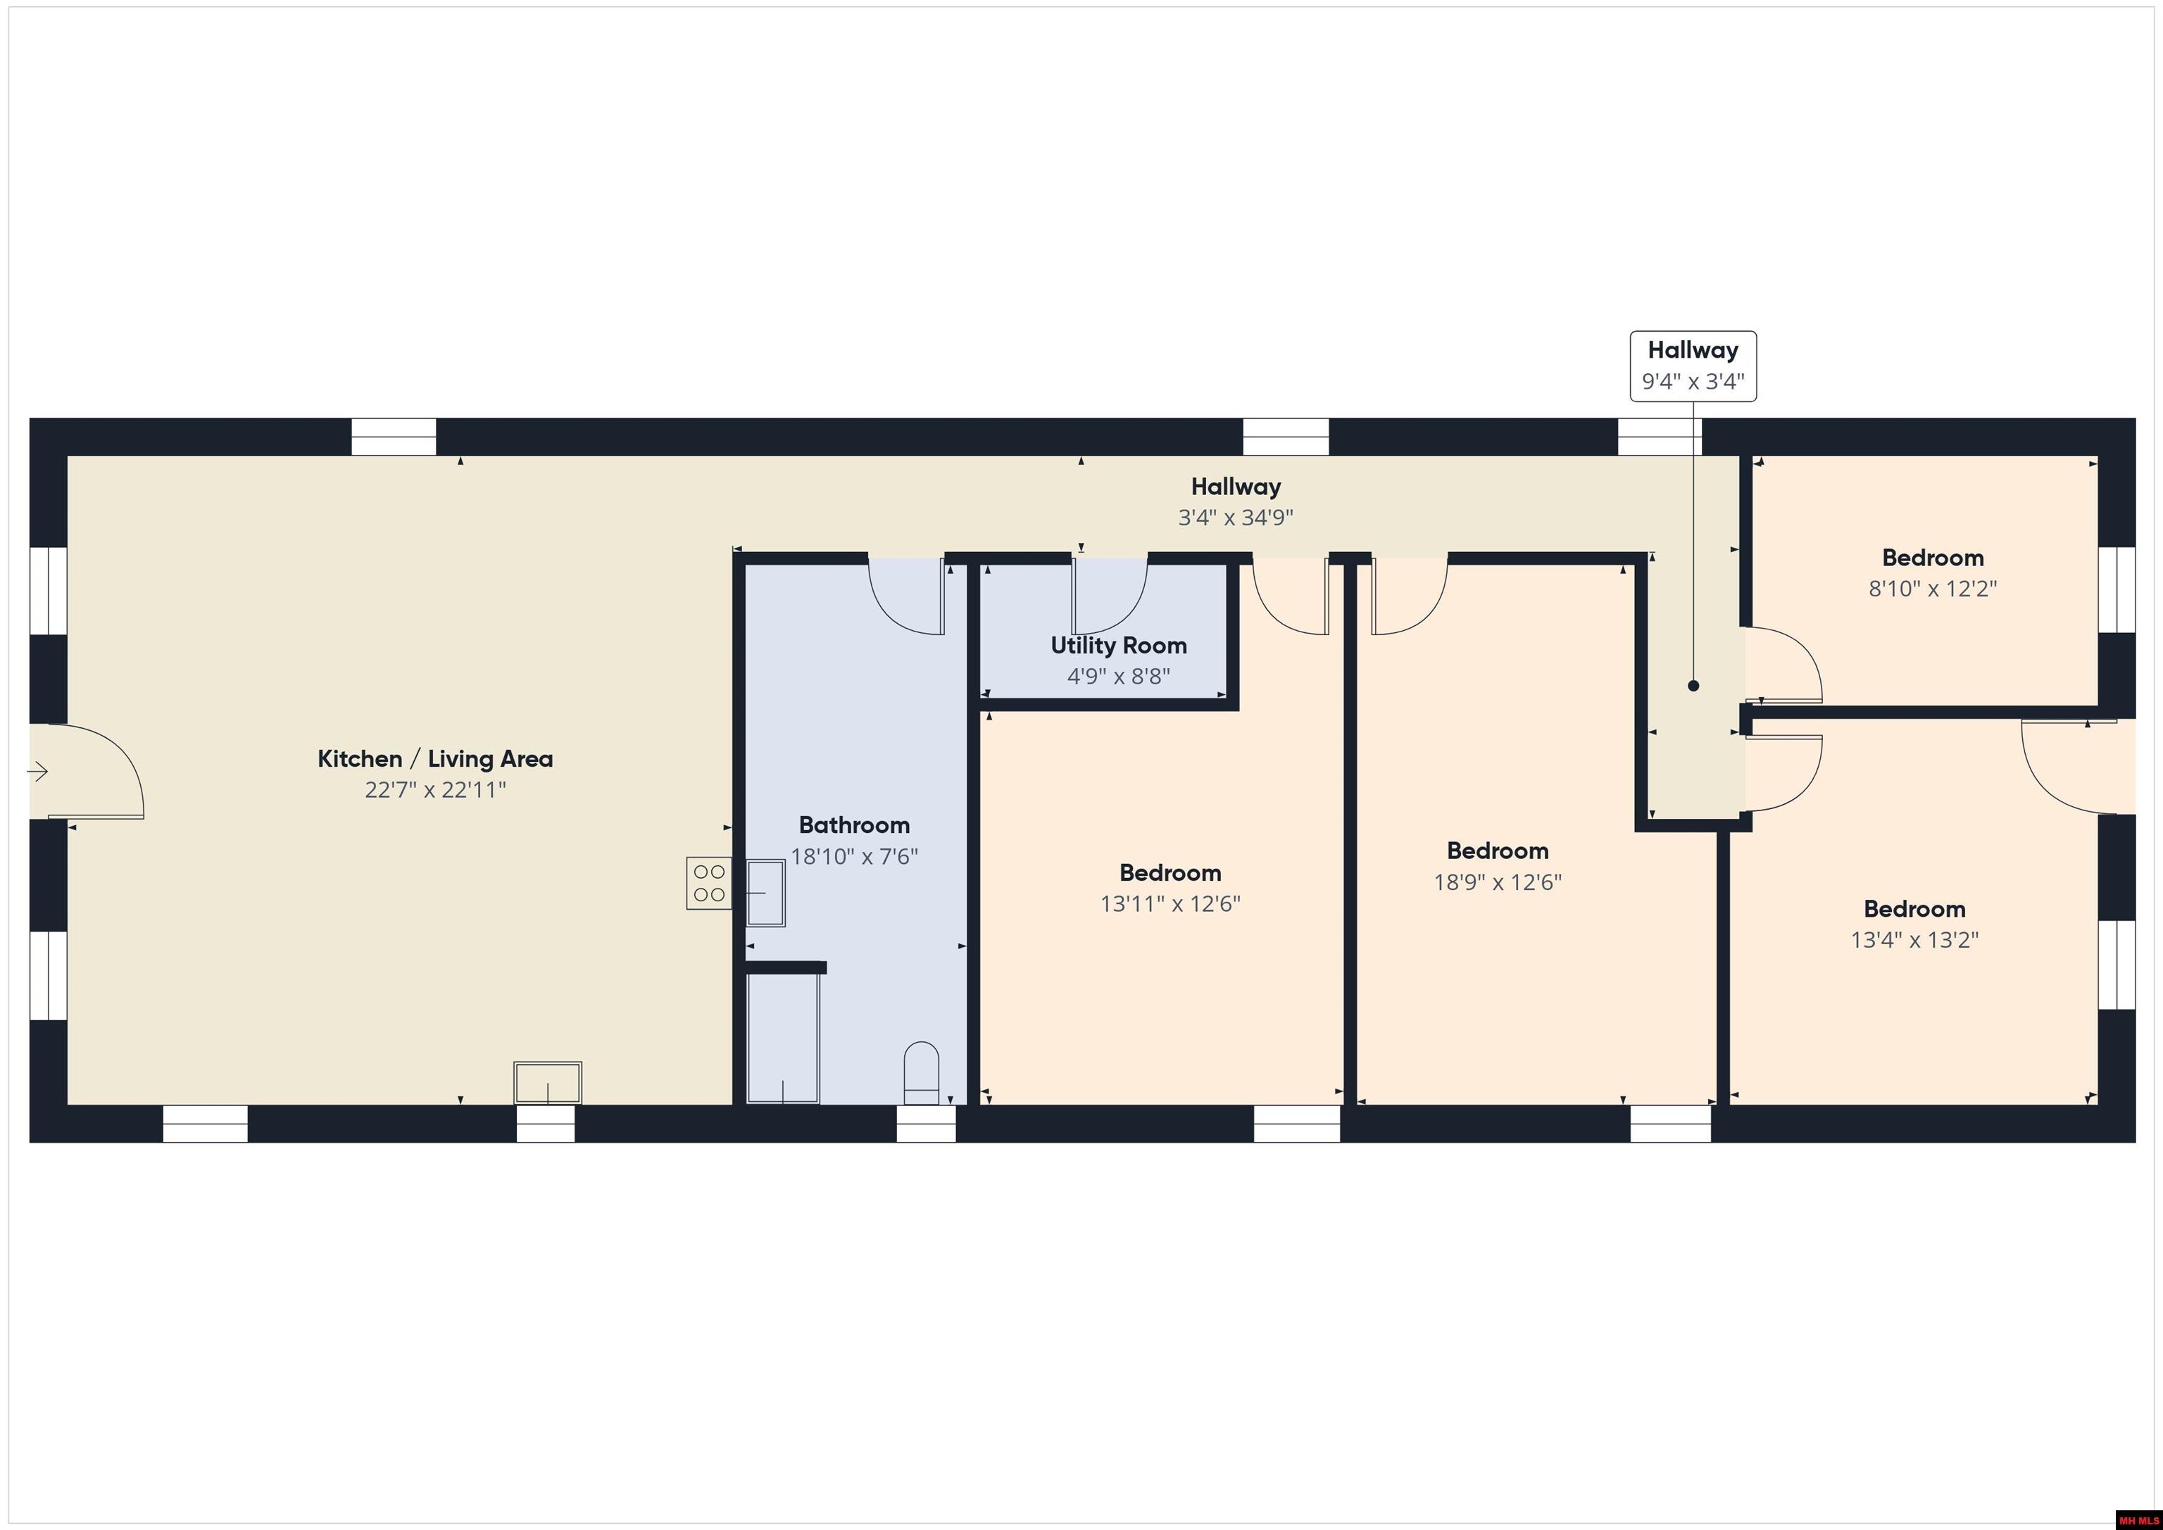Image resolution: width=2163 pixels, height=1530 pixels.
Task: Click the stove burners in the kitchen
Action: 708,883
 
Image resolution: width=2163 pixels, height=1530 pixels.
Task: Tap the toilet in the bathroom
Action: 922,1072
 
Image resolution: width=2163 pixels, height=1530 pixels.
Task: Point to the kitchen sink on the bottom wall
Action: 547,1082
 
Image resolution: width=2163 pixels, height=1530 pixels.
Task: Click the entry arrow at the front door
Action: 38,772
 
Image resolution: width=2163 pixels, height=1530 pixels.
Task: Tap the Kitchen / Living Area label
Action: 435,758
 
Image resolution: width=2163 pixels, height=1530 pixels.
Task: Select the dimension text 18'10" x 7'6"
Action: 853,856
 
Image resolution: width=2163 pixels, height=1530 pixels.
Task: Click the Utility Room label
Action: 1118,646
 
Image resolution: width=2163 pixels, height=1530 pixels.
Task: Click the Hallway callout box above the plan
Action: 1693,367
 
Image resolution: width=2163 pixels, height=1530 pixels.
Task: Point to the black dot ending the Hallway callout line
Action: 1693,686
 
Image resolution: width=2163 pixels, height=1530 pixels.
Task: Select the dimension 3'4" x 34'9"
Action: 1235,518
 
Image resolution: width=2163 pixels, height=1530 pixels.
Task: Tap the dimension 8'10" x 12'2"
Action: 1932,589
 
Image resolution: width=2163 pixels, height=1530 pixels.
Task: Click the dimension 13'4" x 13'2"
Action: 1914,940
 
